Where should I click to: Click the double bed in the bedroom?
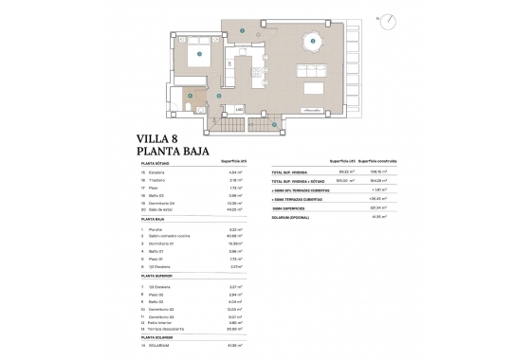tap(202, 54)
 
